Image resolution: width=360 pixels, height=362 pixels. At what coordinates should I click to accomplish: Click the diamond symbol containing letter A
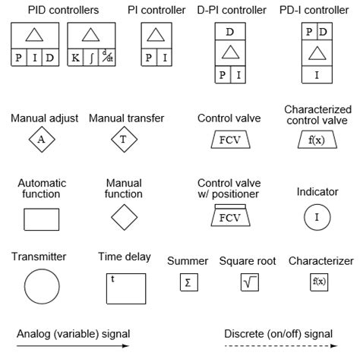tap(42, 140)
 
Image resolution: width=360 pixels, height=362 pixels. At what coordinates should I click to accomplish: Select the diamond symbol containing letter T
tap(123, 140)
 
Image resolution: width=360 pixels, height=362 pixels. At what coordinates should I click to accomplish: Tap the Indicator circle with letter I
tap(317, 218)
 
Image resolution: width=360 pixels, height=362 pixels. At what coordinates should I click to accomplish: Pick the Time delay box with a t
tap(125, 288)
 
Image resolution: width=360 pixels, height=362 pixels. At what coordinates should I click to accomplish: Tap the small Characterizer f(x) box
tap(320, 282)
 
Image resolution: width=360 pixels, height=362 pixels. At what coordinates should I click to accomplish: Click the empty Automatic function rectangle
tap(42, 219)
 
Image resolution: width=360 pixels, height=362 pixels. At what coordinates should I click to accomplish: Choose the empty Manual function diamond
tap(124, 218)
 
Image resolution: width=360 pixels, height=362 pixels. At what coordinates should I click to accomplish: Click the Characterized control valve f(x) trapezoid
tap(317, 140)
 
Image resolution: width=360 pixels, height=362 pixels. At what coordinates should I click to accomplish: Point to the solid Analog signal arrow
tap(73, 346)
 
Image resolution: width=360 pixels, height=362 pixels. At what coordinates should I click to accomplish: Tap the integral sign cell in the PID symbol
tap(90, 58)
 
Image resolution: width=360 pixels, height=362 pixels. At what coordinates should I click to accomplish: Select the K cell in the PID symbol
tap(75, 58)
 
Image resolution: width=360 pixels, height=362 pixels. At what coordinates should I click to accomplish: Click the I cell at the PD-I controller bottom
tap(317, 74)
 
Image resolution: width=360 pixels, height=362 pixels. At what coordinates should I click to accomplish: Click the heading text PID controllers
tap(64, 10)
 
